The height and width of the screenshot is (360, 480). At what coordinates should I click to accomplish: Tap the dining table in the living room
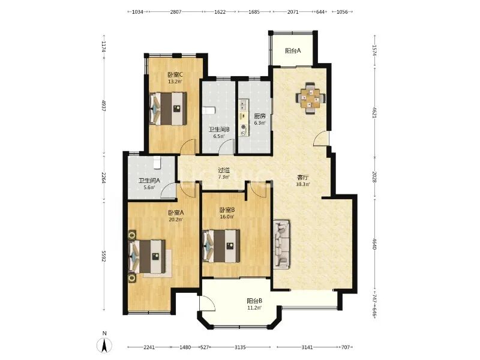[310, 98]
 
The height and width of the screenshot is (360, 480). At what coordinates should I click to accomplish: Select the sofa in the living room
[281, 244]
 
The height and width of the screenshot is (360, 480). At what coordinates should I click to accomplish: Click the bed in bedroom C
[168, 109]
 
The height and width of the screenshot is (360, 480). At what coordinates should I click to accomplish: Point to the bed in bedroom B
[221, 246]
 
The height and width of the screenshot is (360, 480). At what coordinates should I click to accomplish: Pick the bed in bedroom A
[147, 257]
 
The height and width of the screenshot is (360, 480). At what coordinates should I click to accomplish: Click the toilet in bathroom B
[209, 110]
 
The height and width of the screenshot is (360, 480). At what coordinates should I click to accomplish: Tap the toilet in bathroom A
[157, 163]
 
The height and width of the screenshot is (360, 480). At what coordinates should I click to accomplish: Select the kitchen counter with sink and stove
[244, 118]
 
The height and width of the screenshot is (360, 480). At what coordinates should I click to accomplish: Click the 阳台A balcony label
[293, 51]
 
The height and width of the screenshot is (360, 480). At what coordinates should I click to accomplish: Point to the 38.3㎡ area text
[303, 184]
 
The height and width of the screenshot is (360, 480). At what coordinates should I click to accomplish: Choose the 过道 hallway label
[224, 170]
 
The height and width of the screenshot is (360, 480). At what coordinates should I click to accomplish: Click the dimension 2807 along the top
[176, 12]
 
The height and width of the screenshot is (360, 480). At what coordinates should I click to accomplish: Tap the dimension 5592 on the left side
[103, 256]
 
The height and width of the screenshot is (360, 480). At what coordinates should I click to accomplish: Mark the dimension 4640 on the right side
[374, 244]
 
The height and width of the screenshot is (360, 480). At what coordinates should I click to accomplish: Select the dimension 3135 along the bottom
[240, 347]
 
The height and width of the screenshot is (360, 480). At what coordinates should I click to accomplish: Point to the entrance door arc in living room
[321, 138]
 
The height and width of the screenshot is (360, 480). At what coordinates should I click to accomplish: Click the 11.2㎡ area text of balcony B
[254, 308]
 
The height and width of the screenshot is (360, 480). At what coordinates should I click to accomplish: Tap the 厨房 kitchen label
[260, 116]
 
